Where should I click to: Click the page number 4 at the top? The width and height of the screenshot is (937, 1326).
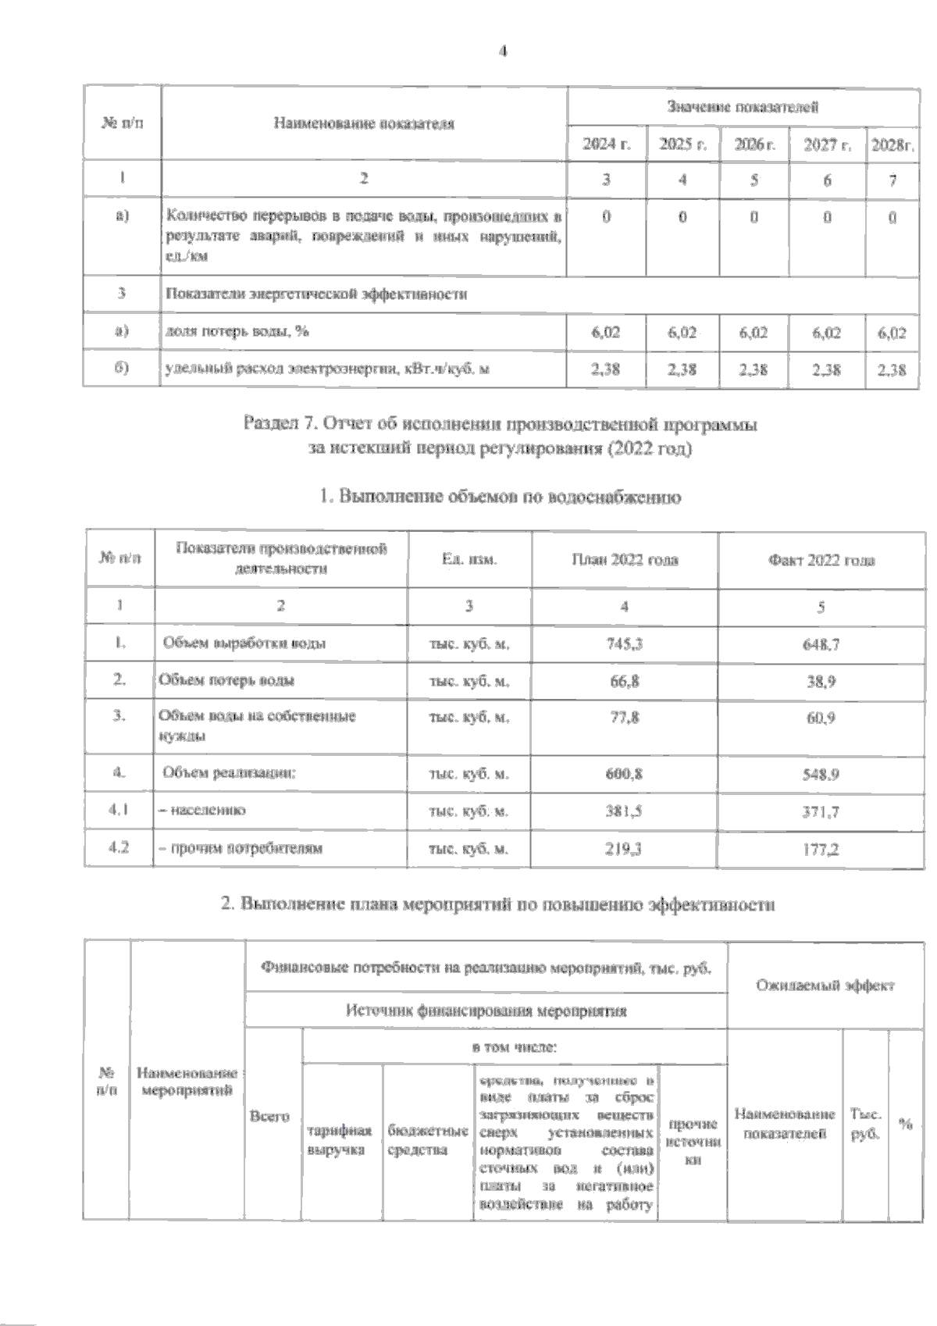point(502,52)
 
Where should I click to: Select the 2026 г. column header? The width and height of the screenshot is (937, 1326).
point(754,145)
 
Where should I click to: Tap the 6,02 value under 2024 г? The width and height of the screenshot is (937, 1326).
point(606,333)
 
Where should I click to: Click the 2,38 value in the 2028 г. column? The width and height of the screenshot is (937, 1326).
point(892,369)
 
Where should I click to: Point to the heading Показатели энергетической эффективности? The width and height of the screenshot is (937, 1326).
point(315,294)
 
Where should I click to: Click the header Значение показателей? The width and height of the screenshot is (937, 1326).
point(743,106)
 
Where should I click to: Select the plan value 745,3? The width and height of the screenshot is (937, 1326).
point(625,643)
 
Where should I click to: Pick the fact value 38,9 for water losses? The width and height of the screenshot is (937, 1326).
point(821,681)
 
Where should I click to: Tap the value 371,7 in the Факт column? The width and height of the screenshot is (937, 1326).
point(821,811)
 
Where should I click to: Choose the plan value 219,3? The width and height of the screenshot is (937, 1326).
point(625,848)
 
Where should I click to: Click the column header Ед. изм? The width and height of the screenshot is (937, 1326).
point(469,559)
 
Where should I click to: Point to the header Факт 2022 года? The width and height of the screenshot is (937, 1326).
point(821,560)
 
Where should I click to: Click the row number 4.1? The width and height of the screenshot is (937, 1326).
point(119,811)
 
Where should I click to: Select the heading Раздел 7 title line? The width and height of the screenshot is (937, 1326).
point(501,426)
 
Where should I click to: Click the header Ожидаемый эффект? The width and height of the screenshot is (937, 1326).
point(825,985)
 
